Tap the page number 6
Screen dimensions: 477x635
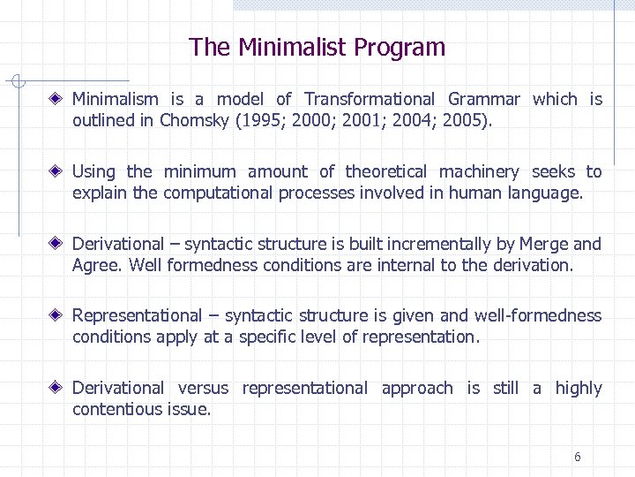pos(577,457)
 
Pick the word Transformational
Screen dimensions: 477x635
pos(370,99)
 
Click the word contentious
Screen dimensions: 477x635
pos(116,409)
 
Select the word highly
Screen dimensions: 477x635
pos(579,388)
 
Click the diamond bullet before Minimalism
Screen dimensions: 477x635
pos(56,99)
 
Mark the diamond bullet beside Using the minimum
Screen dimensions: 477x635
pos(56,171)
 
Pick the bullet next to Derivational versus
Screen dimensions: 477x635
pos(56,388)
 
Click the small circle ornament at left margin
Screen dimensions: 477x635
pos(16,81)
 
